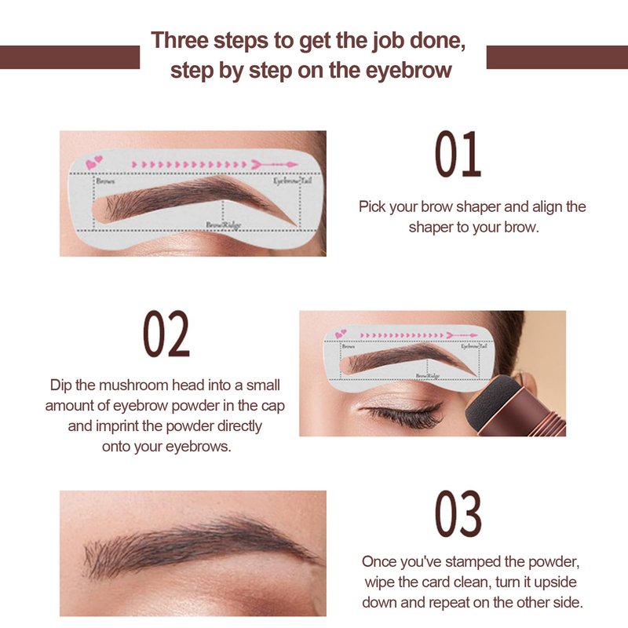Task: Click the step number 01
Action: [x=458, y=154]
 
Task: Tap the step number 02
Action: [x=166, y=334]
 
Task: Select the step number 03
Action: [x=458, y=514]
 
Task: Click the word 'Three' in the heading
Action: [x=180, y=41]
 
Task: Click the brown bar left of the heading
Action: [x=70, y=57]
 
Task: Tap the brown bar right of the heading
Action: [x=557, y=57]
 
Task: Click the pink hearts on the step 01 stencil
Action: [x=94, y=162]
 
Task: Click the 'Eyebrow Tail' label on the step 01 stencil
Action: [x=292, y=181]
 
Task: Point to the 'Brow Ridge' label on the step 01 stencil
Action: [x=224, y=225]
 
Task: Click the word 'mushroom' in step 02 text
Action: [x=133, y=385]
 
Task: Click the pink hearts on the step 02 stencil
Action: [x=341, y=334]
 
